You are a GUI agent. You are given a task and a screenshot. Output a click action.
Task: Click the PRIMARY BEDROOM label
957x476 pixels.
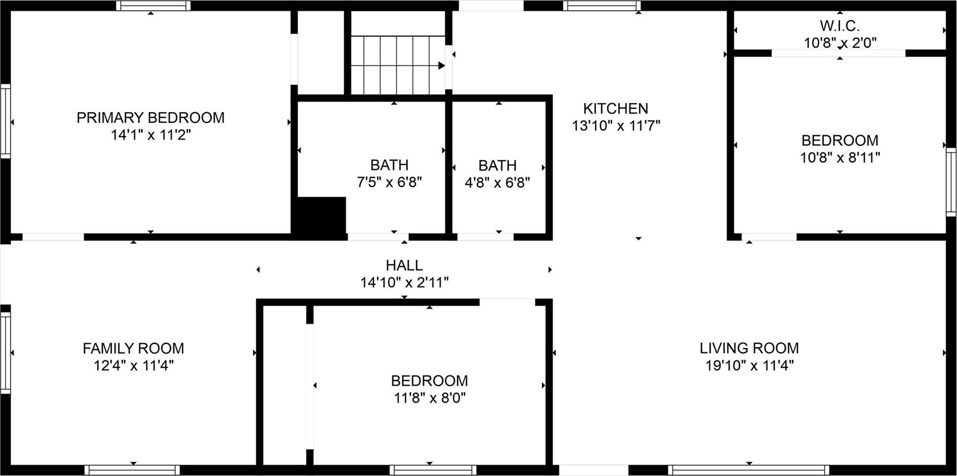pos(150,118)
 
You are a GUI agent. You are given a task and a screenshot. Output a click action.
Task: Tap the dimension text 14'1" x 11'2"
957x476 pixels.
pos(150,135)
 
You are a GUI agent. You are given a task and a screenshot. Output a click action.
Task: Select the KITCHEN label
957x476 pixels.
pos(615,108)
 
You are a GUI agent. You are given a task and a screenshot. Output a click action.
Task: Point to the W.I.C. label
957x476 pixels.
pos(839,26)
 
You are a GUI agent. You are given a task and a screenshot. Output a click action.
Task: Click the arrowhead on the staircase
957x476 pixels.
pos(441,65)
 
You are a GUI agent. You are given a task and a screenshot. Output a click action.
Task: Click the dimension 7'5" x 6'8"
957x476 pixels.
pos(389,182)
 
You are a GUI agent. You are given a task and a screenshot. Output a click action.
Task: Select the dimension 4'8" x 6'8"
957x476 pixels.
pos(497,183)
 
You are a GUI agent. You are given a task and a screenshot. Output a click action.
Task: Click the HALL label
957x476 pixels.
pos(404,265)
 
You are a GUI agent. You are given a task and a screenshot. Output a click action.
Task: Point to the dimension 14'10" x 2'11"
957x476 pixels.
pos(404,283)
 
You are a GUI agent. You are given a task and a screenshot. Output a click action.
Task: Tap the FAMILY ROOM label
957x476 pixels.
pos(133,348)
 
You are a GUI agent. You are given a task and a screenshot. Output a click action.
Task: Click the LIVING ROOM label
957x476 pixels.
pos(749,348)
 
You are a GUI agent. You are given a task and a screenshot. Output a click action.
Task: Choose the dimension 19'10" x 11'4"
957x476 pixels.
pos(749,366)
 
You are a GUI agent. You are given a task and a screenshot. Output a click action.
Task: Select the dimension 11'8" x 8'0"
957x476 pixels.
pos(429,398)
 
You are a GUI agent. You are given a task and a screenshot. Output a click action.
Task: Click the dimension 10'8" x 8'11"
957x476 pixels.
pos(840,158)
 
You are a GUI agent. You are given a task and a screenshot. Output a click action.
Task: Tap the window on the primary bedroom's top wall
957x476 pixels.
pos(153,6)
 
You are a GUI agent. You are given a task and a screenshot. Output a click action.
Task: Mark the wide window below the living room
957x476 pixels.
pos(748,470)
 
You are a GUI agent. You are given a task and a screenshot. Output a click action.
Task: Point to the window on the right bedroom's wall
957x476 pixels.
pos(951,182)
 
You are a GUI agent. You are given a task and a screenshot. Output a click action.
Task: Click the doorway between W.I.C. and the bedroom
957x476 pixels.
pos(838,53)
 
